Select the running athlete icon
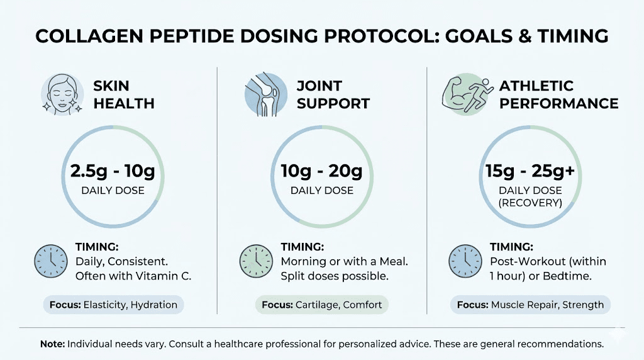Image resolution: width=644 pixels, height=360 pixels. (x=465, y=94)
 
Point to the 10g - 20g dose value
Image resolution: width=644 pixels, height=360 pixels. (x=321, y=171)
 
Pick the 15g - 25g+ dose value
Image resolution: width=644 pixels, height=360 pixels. (x=530, y=171)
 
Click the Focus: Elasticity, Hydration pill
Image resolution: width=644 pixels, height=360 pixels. (x=114, y=305)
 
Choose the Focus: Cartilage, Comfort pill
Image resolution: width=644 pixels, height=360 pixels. (x=321, y=305)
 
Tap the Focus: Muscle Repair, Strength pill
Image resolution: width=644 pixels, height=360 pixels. (x=530, y=305)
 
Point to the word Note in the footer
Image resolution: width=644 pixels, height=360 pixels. (x=52, y=344)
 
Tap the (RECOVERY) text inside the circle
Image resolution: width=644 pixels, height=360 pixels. (x=530, y=203)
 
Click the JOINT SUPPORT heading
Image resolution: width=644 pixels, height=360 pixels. (x=333, y=94)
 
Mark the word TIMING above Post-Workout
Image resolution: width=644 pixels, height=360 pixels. (x=511, y=247)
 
